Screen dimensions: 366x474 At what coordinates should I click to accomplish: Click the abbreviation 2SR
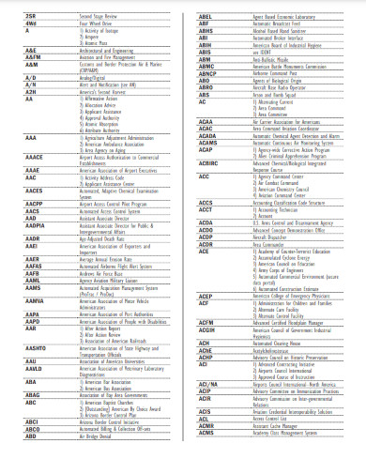click(x=29, y=17)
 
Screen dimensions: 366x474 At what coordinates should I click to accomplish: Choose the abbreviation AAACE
click(x=34, y=158)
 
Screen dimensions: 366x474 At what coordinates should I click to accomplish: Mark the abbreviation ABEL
click(x=206, y=17)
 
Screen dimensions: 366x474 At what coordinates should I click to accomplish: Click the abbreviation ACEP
click(x=207, y=298)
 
